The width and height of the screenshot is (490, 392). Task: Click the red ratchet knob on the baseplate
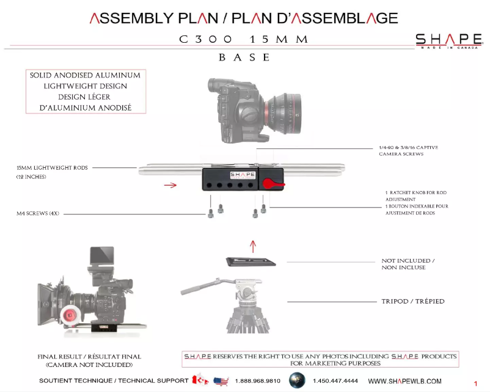tap(269, 183)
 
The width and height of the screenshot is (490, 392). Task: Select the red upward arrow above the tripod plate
tap(254, 246)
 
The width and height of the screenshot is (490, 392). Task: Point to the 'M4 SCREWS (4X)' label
tap(38, 214)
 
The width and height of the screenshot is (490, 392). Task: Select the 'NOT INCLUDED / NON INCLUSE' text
tap(408, 264)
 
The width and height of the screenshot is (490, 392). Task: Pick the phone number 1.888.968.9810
tap(257, 381)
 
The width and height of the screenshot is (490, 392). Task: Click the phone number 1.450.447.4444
tap(335, 381)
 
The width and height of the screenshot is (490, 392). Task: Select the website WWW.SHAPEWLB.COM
tap(404, 381)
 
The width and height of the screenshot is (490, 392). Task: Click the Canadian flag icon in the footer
tap(200, 380)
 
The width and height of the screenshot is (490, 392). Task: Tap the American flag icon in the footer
tap(221, 382)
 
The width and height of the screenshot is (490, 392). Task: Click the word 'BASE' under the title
tap(244, 57)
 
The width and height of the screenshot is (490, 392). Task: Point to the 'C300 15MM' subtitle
tap(244, 39)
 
